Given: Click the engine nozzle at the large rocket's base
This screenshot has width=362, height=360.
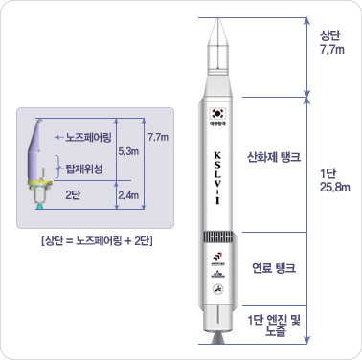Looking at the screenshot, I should click(217, 337).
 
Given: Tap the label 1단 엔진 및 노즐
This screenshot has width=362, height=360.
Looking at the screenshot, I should click(275, 324).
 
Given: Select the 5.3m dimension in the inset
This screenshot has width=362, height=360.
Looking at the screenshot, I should click(126, 151).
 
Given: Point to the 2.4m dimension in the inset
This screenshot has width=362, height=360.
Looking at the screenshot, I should click(126, 196).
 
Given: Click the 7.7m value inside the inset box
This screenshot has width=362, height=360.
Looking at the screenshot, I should click(159, 138).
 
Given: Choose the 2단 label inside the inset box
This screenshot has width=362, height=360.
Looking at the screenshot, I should click(72, 194).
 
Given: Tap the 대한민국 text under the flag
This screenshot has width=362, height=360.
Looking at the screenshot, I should click(217, 123).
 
